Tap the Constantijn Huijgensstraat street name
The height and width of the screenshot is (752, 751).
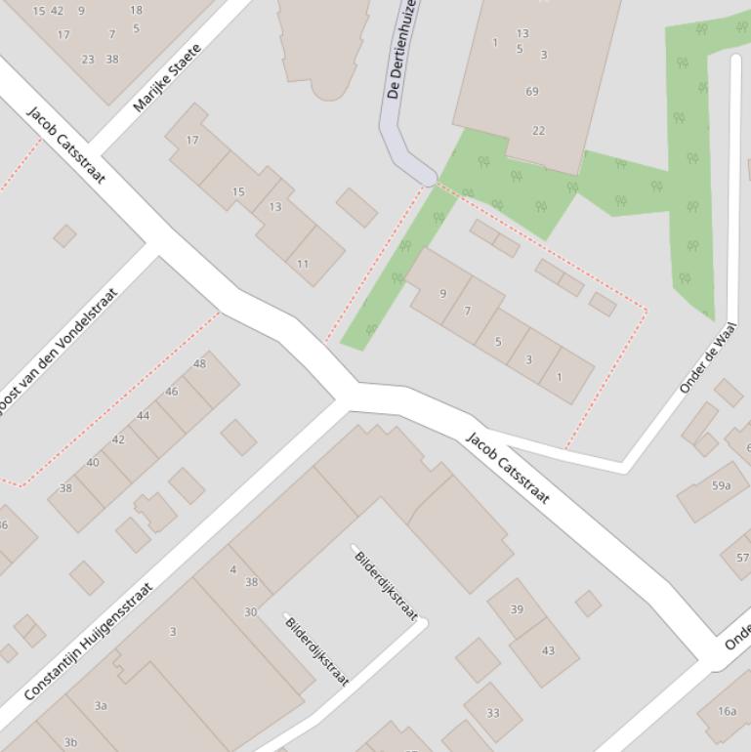pos(88,642)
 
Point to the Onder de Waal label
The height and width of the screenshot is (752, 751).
pos(708,357)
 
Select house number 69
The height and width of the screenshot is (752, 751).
pos(532,92)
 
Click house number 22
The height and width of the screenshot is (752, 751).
pos(538,131)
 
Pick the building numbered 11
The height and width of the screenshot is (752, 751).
pos(303,264)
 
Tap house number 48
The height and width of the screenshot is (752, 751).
pos(199,364)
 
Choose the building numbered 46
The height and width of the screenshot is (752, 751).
pos(172,392)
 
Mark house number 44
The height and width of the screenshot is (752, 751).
pos(144,416)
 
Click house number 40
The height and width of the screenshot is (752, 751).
pos(93,463)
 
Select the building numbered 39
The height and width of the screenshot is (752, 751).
pos(517,609)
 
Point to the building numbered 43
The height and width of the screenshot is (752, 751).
pos(548,650)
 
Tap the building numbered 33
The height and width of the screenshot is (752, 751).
pos(492,713)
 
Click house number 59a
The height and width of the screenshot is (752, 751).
pos(721,485)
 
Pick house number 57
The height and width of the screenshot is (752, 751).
pos(741,558)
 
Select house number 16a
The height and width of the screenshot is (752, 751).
pos(727,711)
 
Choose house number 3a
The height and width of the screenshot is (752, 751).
pos(101,705)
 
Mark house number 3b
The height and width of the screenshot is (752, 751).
pos(70,742)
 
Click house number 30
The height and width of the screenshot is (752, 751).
pos(251,612)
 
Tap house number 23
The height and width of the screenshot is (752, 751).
pos(88,60)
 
